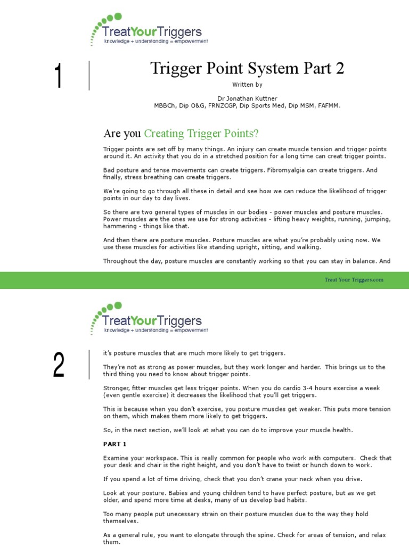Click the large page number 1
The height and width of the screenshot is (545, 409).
tap(58, 76)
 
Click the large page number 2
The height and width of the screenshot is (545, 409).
tap(59, 366)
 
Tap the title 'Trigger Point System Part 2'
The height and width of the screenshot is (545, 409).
tap(247, 69)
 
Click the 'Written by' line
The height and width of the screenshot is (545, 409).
tap(247, 85)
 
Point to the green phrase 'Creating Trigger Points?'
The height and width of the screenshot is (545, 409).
tap(201, 134)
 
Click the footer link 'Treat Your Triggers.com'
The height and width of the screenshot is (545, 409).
tap(354, 280)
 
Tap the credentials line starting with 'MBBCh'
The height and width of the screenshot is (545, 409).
tap(247, 105)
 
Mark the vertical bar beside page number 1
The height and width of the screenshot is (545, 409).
tap(89, 76)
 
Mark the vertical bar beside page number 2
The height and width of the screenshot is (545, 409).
tap(89, 365)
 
